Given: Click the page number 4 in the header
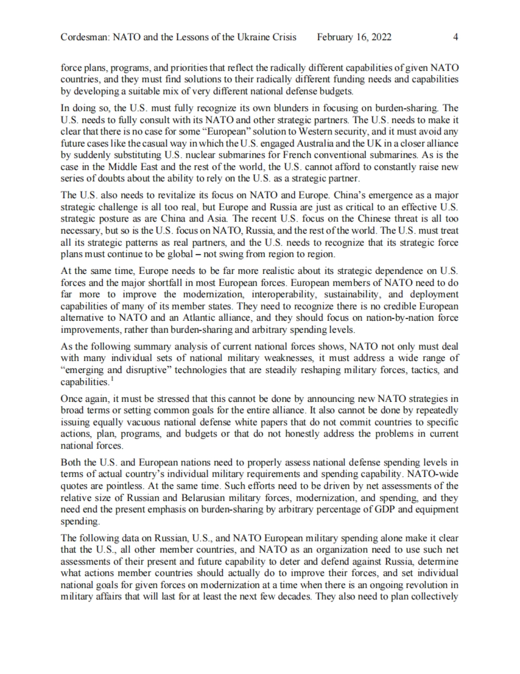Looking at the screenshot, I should click(x=455, y=37).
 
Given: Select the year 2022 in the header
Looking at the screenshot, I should click(x=382, y=37).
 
